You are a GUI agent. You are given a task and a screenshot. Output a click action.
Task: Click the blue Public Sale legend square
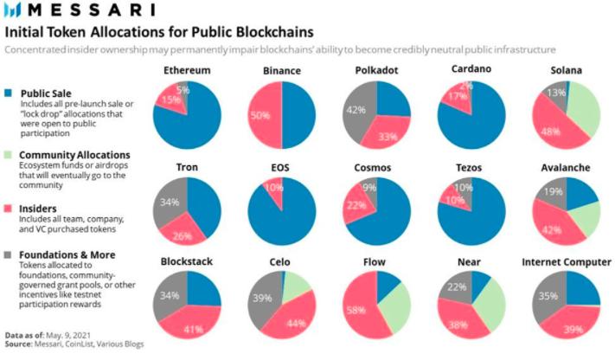point(9,93)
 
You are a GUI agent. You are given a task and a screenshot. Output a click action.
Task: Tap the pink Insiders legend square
point(9,209)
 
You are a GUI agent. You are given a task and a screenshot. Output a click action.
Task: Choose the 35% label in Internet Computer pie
point(547,296)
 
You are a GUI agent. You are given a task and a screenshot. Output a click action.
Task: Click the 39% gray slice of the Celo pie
point(261,299)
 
